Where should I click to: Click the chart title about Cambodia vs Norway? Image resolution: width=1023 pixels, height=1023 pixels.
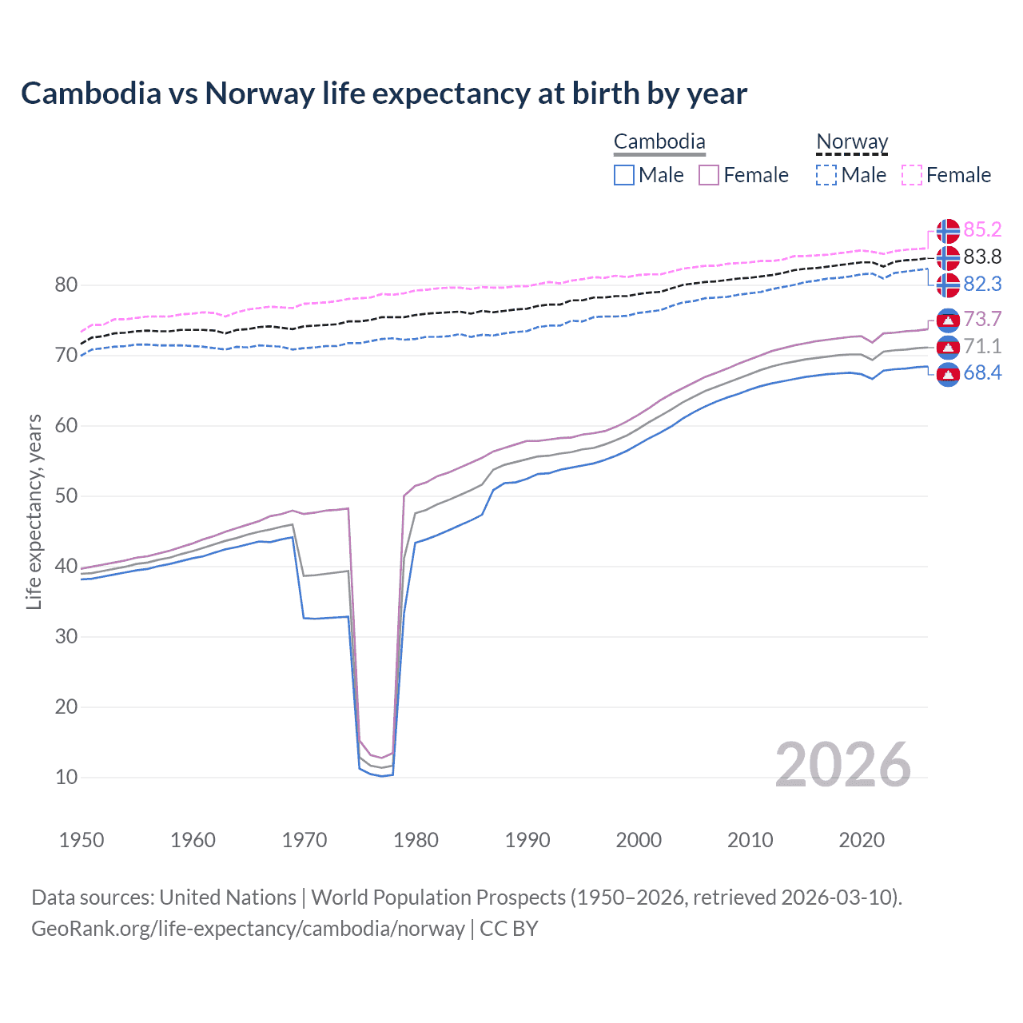[x=384, y=94]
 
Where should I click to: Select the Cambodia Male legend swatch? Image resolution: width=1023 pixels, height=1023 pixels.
[x=624, y=175]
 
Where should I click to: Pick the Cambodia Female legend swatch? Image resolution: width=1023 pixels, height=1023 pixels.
[x=709, y=175]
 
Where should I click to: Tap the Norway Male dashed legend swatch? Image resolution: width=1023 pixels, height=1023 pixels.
[x=826, y=175]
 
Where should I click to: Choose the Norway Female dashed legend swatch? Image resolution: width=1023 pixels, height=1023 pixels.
[x=912, y=175]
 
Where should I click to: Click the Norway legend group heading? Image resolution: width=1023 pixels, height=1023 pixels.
[x=852, y=142]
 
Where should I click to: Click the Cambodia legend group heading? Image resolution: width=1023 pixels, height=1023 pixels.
[x=659, y=142]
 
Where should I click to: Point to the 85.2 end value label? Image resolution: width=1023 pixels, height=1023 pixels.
[x=982, y=230]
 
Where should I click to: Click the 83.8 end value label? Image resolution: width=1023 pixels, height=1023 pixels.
[x=982, y=257]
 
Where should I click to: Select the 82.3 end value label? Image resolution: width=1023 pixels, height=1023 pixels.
[x=982, y=285]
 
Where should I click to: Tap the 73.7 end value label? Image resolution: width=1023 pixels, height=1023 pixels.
[x=982, y=320]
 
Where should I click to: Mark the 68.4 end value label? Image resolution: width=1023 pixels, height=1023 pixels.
[x=982, y=373]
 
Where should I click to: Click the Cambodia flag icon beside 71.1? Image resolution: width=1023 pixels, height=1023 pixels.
[x=948, y=347]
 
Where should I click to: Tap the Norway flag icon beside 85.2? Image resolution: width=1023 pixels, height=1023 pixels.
[x=948, y=231]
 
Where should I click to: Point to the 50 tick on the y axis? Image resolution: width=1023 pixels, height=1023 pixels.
[x=66, y=496]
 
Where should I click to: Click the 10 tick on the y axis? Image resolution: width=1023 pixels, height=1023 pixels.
[x=66, y=778]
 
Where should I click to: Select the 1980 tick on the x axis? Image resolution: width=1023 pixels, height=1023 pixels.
[x=416, y=840]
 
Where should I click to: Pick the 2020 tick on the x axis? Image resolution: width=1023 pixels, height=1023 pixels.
[x=862, y=840]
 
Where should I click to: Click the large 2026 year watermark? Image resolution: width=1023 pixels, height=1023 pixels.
[x=842, y=765]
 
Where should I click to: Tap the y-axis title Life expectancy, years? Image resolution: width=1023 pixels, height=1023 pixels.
[x=34, y=511]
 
